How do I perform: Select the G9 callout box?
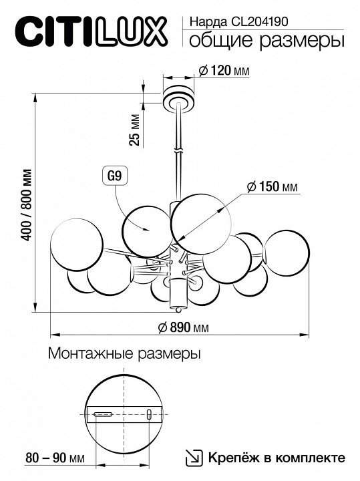[x=114, y=176]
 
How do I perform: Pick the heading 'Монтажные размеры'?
[x=125, y=354]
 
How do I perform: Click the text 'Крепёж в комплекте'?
[x=276, y=458]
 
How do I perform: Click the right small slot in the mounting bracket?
[x=149, y=415]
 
